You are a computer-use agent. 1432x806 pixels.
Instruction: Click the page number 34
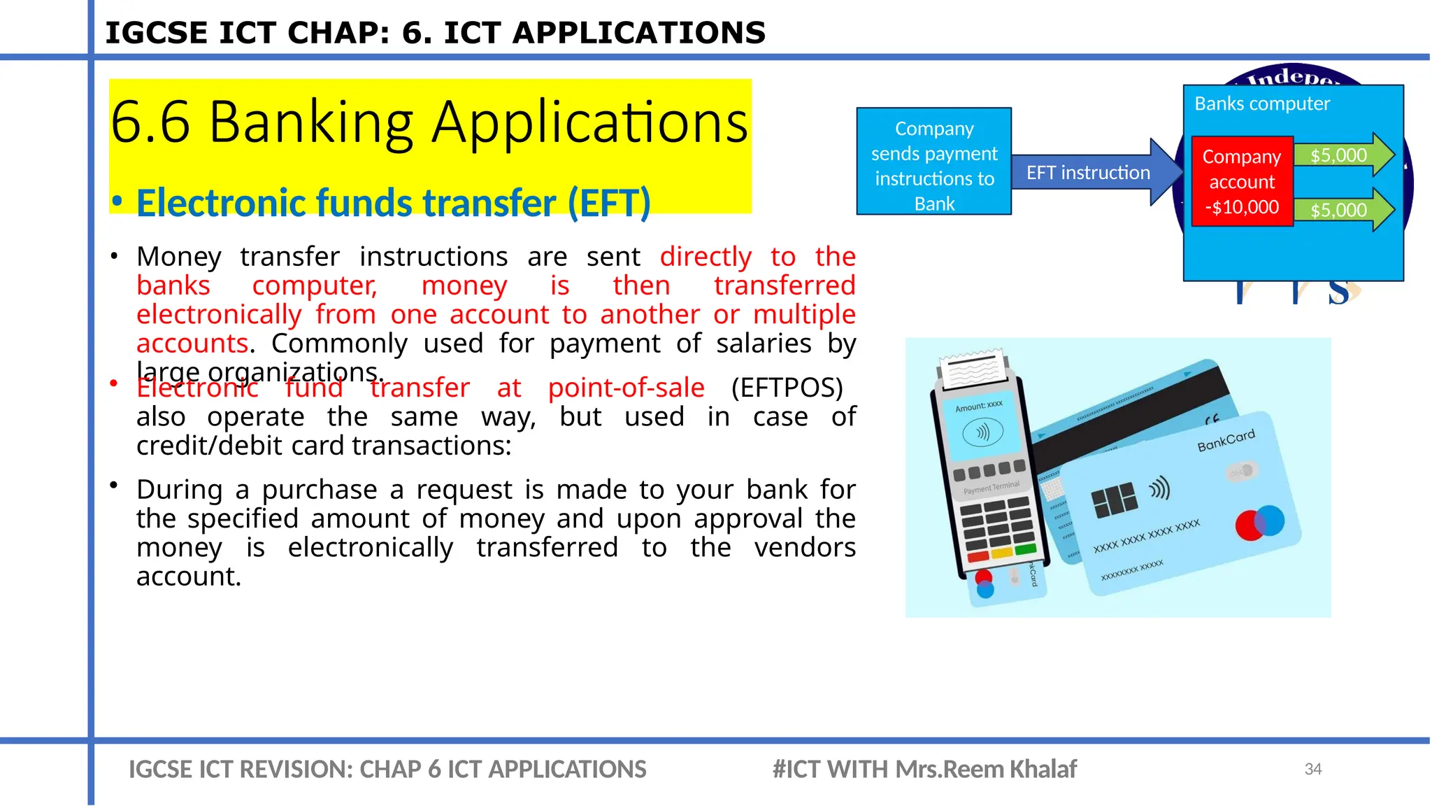pos(1312,769)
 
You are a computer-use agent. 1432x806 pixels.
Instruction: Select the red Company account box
pos(1242,182)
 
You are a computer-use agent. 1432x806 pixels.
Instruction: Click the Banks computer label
pos(1261,104)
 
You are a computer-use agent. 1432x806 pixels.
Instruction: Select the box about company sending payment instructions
pos(933,166)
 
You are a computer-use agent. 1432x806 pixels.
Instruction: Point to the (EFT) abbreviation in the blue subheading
pos(609,204)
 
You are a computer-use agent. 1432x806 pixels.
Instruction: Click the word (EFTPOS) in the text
pos(787,388)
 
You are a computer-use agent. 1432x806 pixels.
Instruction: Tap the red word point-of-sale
pos(626,388)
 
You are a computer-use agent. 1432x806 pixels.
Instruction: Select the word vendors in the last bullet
pos(804,547)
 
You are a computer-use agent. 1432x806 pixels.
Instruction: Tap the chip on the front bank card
pos(1114,500)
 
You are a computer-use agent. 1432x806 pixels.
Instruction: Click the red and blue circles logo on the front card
pos(1259,523)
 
